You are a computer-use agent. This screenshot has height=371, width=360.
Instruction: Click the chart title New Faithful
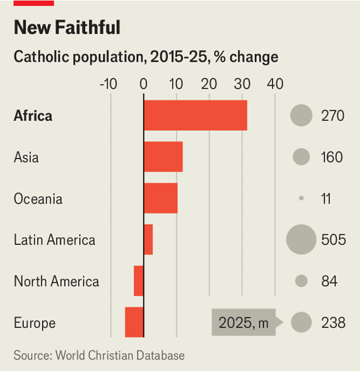[x=67, y=28]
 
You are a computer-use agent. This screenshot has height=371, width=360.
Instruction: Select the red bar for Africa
[x=195, y=115]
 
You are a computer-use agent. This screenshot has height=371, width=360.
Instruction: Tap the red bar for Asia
[x=163, y=157]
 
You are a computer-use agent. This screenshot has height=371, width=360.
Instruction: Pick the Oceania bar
[x=160, y=199]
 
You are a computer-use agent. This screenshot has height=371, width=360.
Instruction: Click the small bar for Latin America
[x=148, y=240]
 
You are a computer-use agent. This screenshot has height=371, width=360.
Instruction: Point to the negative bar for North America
[x=139, y=281]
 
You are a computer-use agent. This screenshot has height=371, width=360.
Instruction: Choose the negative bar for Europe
[x=134, y=322]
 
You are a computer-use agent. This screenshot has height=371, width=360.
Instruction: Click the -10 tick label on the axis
[x=108, y=83]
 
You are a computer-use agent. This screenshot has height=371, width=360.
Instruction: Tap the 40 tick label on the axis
[x=275, y=83]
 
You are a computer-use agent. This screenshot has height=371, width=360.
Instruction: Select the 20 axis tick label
[x=209, y=83]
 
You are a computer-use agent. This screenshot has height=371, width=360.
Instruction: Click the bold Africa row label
[x=33, y=116]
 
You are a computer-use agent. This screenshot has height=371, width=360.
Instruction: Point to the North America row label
[x=56, y=281]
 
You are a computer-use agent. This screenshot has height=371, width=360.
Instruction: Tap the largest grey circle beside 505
[x=301, y=240]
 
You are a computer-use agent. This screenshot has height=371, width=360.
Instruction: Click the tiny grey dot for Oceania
[x=301, y=199]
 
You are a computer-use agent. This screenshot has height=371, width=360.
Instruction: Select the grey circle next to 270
[x=301, y=115]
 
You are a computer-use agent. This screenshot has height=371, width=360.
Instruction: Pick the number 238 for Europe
[x=333, y=322]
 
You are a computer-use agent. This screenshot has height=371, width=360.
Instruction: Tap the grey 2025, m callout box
[x=243, y=322]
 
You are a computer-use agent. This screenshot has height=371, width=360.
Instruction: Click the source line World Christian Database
[x=99, y=355]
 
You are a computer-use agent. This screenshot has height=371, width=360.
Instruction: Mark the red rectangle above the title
[x=34, y=3]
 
